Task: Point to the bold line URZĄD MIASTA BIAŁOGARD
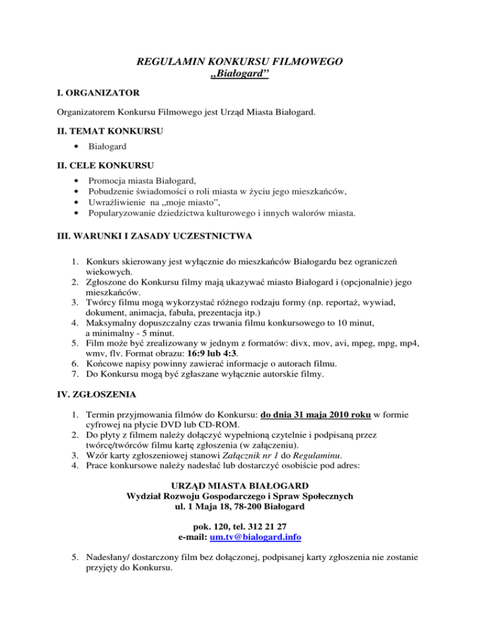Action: (239, 485)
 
